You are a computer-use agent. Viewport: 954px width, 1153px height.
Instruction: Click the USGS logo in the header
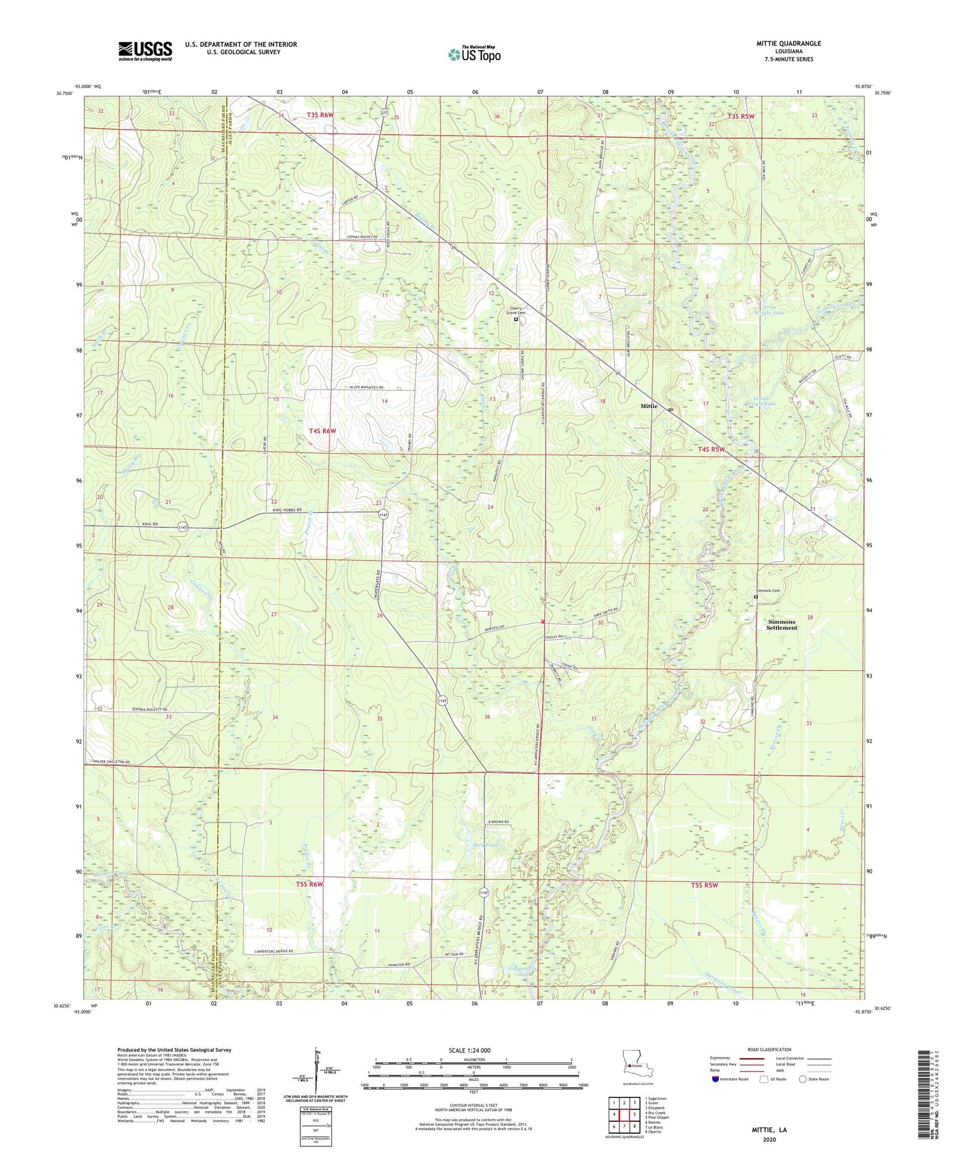click(145, 50)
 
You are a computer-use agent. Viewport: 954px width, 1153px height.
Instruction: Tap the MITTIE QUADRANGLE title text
click(788, 44)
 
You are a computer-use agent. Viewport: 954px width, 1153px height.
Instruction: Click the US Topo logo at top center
click(474, 54)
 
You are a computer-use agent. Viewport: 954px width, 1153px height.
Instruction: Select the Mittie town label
click(648, 406)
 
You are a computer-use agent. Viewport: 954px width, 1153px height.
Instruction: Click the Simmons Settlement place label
click(782, 625)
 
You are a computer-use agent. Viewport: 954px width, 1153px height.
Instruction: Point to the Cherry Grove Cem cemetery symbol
click(516, 319)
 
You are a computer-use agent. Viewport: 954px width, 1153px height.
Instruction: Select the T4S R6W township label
click(323, 431)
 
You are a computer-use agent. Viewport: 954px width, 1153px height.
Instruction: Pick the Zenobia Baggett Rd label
click(137, 709)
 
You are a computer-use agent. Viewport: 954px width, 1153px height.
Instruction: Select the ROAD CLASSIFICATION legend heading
click(769, 1049)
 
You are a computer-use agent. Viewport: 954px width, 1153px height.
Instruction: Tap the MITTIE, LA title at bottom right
click(769, 1130)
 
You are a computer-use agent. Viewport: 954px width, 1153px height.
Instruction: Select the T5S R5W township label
click(704, 885)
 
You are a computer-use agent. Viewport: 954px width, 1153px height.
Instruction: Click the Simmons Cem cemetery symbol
click(756, 597)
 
